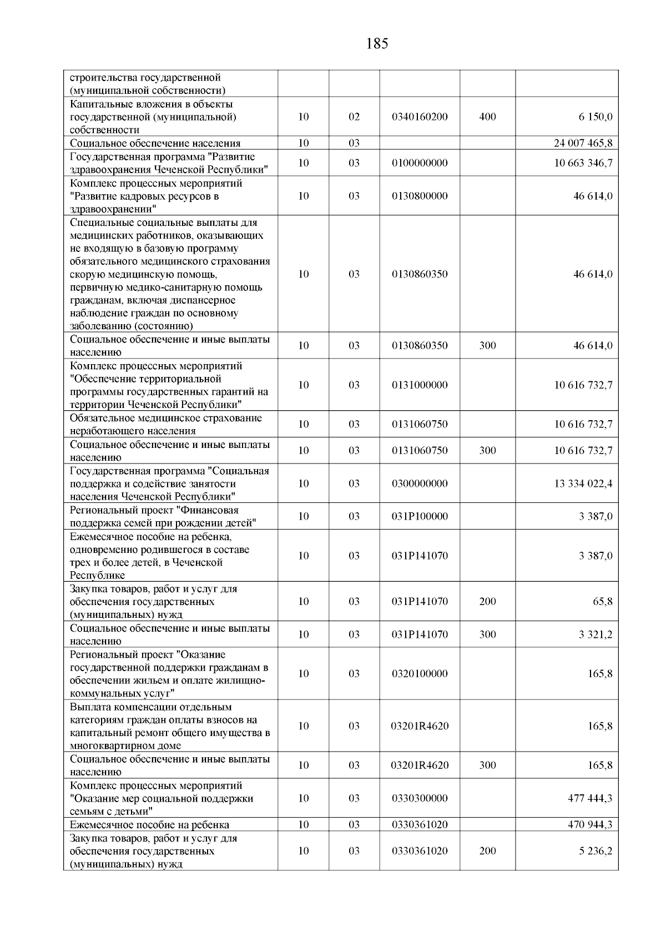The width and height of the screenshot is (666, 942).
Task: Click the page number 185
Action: click(377, 44)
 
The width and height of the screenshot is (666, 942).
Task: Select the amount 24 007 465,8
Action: click(583, 143)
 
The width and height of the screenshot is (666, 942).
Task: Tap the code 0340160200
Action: click(420, 117)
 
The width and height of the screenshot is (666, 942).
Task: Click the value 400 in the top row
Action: click(487, 117)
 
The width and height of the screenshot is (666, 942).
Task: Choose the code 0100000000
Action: click(420, 163)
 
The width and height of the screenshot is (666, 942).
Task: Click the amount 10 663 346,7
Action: click(583, 163)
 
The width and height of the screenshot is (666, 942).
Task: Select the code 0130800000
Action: click(420, 196)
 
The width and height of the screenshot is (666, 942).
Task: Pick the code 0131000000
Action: click(420, 385)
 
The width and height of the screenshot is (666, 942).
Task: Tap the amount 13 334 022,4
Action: click(583, 483)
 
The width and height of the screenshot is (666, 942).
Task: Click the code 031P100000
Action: click(420, 516)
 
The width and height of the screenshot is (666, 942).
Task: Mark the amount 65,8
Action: click(603, 602)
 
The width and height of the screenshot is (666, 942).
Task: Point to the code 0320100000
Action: click(420, 674)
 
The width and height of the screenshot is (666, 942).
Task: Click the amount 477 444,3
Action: click(589, 798)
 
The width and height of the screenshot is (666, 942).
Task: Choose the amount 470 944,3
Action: click(589, 825)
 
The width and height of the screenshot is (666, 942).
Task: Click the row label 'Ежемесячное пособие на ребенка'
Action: click(149, 825)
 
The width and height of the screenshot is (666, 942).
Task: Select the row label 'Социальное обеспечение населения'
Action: click(155, 143)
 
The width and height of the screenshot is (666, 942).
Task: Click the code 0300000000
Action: click(420, 483)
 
